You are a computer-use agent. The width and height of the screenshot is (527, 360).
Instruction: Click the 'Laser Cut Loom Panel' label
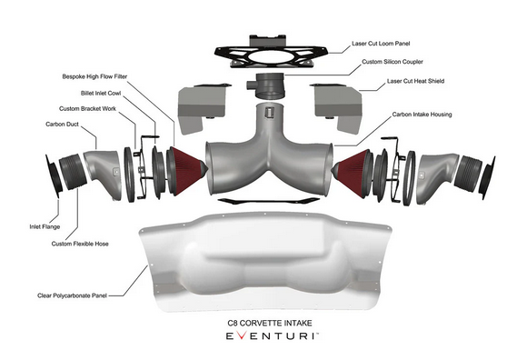tap(383, 43)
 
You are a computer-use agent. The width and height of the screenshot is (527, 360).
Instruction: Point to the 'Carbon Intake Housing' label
tap(422, 115)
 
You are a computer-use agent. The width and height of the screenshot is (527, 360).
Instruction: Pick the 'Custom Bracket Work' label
tap(85, 108)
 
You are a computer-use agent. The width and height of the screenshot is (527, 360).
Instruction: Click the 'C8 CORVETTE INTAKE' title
tap(263, 322)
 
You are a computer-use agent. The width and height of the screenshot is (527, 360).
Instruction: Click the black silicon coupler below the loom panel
tap(270, 89)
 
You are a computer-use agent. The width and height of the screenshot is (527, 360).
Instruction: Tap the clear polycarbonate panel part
tap(263, 259)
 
